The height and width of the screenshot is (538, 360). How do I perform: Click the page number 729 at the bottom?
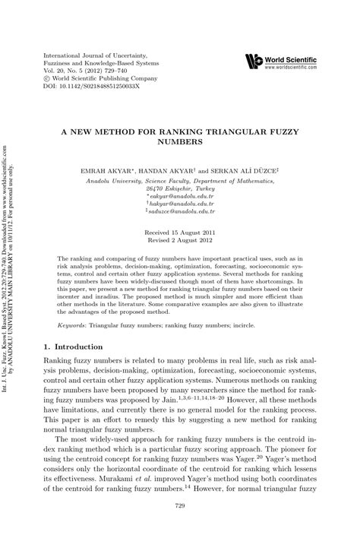(x=179, y=527)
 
